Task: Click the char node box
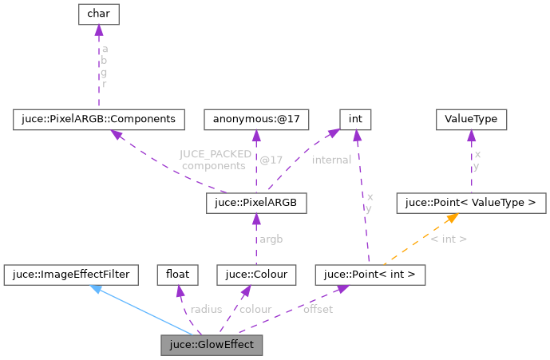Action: pyautogui.click(x=98, y=14)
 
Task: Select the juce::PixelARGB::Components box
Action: pyautogui.click(x=99, y=120)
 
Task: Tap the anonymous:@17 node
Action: pyautogui.click(x=255, y=120)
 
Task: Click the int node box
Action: pyautogui.click(x=356, y=120)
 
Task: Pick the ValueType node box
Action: pyautogui.click(x=471, y=120)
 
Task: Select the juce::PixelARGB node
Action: pyautogui.click(x=256, y=204)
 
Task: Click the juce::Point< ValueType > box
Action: pyautogui.click(x=471, y=204)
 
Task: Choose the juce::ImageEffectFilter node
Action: pyautogui.click(x=71, y=275)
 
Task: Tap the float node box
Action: pyautogui.click(x=177, y=275)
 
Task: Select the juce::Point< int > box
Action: pyautogui.click(x=370, y=275)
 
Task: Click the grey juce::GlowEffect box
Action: pyautogui.click(x=211, y=346)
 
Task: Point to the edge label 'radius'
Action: pyautogui.click(x=206, y=309)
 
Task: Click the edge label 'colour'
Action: pyautogui.click(x=255, y=309)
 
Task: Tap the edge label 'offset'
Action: pyautogui.click(x=317, y=309)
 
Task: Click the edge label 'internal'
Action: pyautogui.click(x=331, y=160)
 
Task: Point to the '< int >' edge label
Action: pyautogui.click(x=449, y=239)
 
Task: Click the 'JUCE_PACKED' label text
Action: pyautogui.click(x=216, y=154)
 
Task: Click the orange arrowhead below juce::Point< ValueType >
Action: pyautogui.click(x=451, y=218)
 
